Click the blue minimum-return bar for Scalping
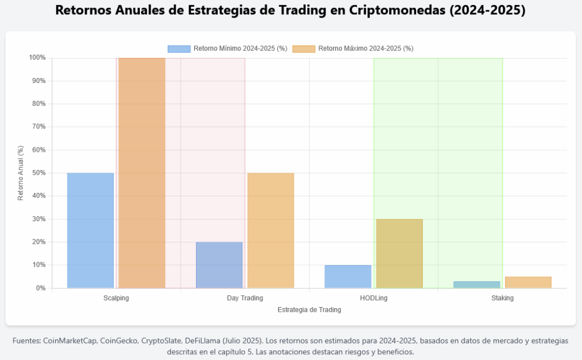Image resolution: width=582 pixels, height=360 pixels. click(90, 230)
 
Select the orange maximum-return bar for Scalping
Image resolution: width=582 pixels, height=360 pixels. click(142, 173)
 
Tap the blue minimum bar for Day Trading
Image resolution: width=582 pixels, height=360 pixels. click(219, 265)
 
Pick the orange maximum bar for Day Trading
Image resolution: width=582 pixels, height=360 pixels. click(271, 230)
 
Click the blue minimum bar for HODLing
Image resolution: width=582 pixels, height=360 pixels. click(348, 276)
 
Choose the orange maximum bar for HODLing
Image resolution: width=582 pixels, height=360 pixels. click(400, 254)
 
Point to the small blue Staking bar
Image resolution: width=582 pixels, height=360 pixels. click(477, 284)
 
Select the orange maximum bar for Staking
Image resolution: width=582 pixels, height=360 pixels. click(528, 283)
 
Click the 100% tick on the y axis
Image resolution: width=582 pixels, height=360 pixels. click(37, 58)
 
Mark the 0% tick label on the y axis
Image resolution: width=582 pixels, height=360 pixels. click(40, 288)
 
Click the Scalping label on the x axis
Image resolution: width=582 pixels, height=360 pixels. click(116, 298)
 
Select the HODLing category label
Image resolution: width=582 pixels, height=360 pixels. click(373, 298)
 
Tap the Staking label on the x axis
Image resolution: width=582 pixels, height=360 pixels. click(502, 298)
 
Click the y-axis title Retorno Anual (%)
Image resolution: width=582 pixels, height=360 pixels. click(20, 173)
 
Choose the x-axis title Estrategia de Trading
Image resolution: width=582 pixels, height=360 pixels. click(309, 310)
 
